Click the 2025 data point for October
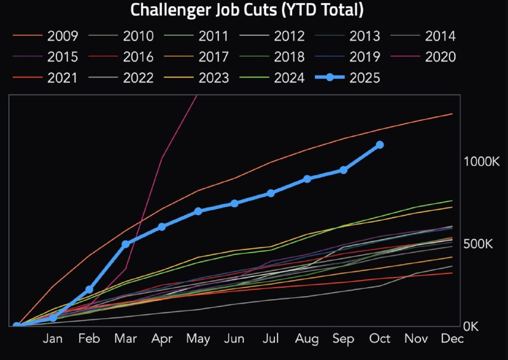[x=380, y=145]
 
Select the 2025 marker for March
[x=126, y=244]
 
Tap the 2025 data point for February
[x=90, y=290]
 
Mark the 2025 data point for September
[x=344, y=170]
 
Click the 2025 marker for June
[x=234, y=203]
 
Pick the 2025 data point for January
[x=53, y=317]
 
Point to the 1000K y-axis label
[x=481, y=161]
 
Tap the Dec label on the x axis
[x=452, y=340]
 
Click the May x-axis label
[x=198, y=340]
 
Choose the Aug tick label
[x=307, y=340]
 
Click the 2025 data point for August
[x=307, y=179]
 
